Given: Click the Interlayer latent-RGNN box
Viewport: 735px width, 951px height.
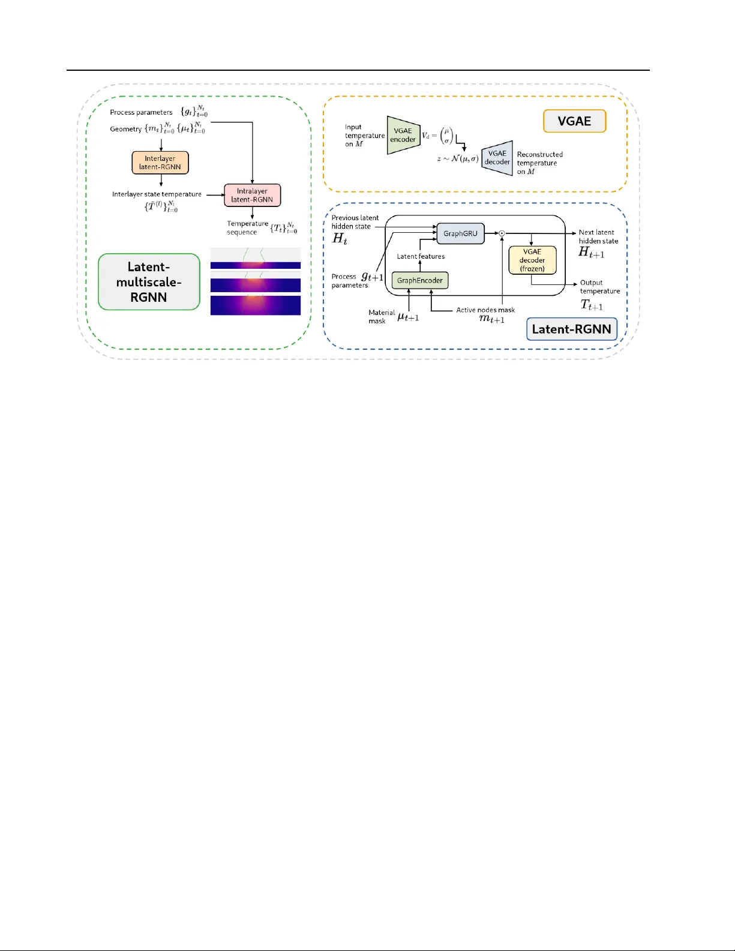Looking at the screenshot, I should coord(160,163).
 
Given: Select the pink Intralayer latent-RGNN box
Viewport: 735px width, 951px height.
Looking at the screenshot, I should coord(252,195).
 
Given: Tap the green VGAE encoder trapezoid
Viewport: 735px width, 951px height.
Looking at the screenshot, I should coord(403,135).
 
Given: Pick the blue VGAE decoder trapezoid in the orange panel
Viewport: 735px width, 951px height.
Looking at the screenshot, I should coord(497,158).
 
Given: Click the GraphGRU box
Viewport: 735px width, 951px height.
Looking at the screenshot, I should coord(460,233).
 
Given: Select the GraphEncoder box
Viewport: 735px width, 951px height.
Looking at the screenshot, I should coord(419,280).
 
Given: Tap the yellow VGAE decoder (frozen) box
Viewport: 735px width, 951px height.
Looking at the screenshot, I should coord(532,260).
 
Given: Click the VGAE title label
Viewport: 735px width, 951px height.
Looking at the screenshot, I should coord(574,121).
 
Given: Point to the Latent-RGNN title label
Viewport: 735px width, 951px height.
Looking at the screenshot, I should coord(571,329).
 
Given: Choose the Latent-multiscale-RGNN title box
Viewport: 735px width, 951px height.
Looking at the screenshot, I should coord(149,282).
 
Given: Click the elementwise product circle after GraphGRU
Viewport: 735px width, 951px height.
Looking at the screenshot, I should coord(502,233).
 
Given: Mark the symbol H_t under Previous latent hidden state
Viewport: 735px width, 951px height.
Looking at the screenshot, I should coord(340,238).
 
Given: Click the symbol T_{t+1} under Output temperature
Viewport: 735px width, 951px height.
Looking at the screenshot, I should coord(591,305).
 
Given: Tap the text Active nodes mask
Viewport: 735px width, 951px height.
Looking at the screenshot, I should coord(485,310).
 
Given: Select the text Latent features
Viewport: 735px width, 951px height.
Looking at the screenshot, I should coord(421,256).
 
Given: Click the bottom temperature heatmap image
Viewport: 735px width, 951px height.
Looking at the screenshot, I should coord(255,305).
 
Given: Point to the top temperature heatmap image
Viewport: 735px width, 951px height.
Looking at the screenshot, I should coord(255,259).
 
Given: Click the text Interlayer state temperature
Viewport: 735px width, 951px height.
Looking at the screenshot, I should coord(157,194).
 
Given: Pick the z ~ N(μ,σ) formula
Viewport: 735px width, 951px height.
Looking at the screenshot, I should coord(458,159).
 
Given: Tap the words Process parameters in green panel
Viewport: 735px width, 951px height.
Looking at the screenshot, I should coord(141,112).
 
